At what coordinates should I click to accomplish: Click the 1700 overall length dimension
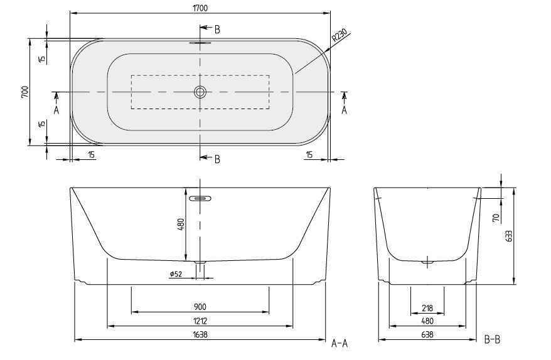point(200,8)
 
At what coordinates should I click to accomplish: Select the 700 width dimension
point(24,92)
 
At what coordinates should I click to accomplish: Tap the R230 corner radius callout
point(339,37)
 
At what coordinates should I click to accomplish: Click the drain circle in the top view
point(200,92)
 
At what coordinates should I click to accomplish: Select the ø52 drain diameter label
point(176,274)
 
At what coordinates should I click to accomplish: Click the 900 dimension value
point(200,307)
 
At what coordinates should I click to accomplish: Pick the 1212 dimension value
point(200,320)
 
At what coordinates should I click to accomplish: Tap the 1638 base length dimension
point(200,334)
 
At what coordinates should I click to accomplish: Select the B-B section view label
point(493,339)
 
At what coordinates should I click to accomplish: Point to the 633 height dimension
point(509,236)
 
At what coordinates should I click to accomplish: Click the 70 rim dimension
point(495,218)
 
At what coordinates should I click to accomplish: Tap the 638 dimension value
point(427,334)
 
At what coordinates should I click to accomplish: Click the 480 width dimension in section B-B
point(427,320)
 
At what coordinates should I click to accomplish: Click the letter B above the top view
point(217,29)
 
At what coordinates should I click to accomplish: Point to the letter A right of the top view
point(344,109)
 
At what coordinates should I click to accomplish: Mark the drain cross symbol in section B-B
point(428,262)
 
